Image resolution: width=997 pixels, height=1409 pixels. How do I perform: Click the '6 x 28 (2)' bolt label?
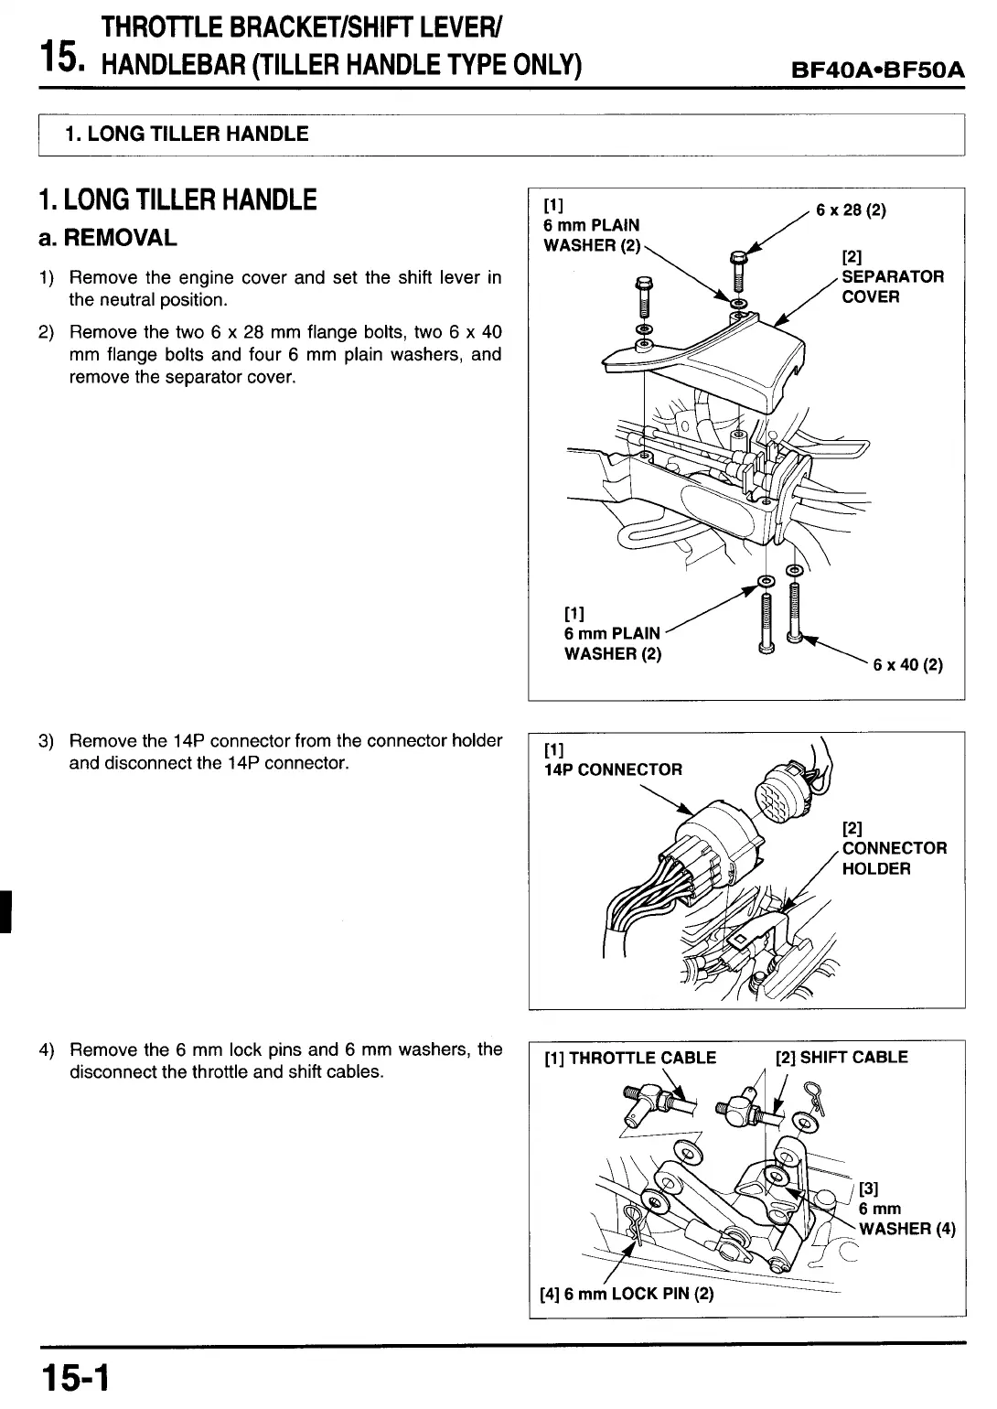point(852,210)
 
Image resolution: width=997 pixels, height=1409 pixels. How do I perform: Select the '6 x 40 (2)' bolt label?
point(907,665)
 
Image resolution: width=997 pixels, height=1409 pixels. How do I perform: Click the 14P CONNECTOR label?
point(613,769)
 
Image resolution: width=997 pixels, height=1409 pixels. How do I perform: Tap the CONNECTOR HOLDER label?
point(894,858)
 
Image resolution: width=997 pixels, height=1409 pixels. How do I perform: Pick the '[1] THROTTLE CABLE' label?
point(630,1058)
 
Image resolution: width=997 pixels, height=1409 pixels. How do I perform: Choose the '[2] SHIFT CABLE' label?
point(841,1058)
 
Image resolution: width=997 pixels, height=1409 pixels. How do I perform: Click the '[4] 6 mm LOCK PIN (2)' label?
point(627,1294)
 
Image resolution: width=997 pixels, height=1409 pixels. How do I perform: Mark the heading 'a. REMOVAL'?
point(107,238)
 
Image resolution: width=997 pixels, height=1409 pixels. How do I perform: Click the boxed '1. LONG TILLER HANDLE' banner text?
point(187,134)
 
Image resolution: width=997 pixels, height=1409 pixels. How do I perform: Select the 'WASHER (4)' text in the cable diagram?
point(906,1229)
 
